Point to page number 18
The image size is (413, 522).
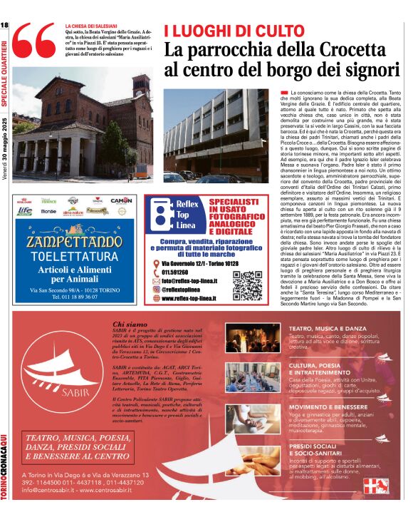coord(5,26)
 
